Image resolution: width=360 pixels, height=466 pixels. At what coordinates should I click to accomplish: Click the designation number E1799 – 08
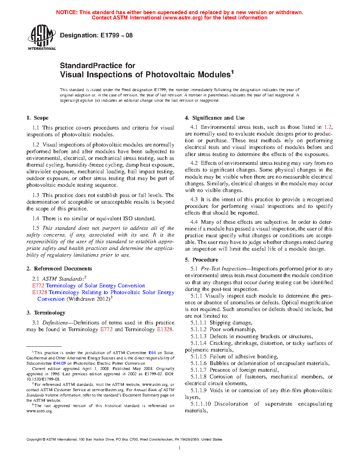tap(116, 35)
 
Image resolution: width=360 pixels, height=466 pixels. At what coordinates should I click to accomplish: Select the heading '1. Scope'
tap(37, 118)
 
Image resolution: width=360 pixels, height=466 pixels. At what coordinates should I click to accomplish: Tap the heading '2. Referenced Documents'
tap(59, 269)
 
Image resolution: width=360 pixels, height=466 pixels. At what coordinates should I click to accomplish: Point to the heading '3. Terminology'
tap(46, 313)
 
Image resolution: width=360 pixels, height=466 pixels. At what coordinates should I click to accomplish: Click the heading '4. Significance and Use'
tap(215, 118)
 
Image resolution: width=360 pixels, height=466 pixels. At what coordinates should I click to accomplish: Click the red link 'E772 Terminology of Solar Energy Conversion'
tap(89, 286)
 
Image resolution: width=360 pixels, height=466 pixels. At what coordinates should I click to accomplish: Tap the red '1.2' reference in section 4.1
tap(328, 127)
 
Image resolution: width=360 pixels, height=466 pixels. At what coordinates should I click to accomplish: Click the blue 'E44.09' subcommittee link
tap(59, 363)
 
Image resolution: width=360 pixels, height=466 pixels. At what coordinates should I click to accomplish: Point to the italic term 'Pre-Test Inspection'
tap(223, 269)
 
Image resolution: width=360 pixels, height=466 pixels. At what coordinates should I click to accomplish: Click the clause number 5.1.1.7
tap(198, 370)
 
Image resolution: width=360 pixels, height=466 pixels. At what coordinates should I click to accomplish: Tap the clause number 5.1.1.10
tap(200, 404)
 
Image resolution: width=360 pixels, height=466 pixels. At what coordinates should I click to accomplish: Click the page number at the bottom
tap(180, 448)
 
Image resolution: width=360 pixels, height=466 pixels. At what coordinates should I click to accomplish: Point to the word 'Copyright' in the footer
tap(34, 440)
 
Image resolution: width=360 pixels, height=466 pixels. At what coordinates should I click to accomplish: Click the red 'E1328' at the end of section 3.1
tap(164, 329)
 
